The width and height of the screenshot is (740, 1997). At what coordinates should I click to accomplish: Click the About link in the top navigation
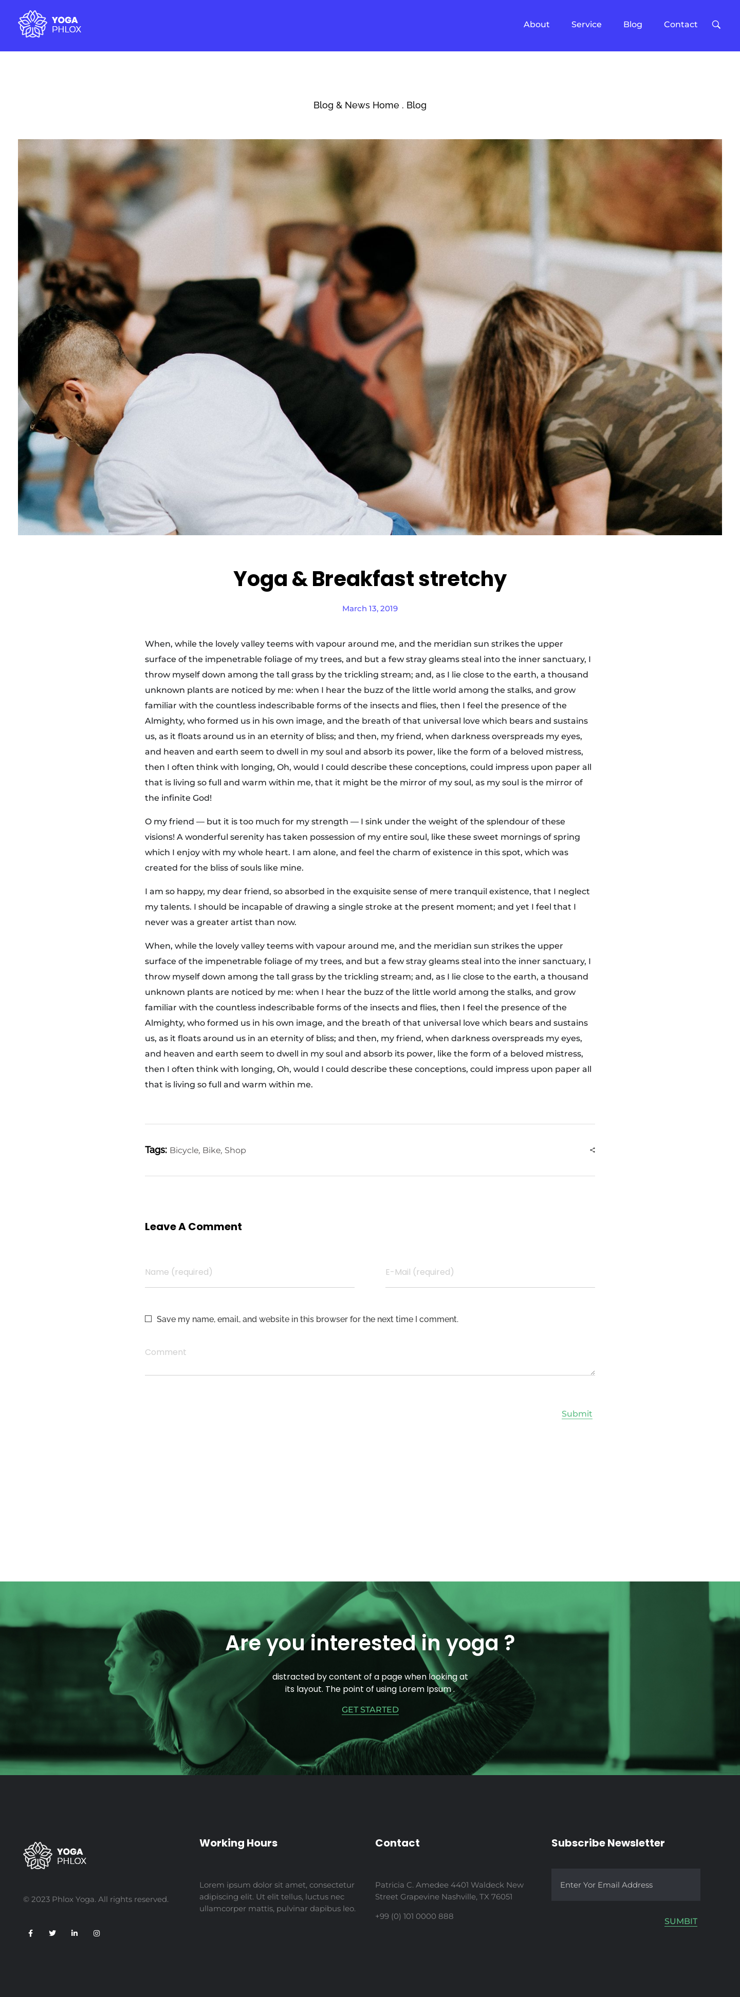536,25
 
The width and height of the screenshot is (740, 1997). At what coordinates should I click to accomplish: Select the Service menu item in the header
586,25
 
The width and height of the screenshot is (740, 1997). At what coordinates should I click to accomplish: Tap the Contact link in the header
680,25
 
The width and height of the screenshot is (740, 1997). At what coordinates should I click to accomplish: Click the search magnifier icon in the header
716,25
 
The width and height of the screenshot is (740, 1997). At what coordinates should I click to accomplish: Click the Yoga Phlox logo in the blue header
50,25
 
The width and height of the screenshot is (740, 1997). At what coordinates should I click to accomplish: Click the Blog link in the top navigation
632,25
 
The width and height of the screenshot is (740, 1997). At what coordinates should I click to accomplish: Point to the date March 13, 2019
370,609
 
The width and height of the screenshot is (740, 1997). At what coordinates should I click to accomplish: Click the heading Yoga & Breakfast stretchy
370,579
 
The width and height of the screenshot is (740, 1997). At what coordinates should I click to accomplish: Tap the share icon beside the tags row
593,1151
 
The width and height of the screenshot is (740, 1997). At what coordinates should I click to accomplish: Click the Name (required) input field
249,1272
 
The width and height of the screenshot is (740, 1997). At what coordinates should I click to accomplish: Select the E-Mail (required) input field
489,1272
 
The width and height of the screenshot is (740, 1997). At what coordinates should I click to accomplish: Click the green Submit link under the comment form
577,1414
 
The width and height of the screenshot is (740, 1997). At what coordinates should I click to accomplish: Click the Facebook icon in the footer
31,1933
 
